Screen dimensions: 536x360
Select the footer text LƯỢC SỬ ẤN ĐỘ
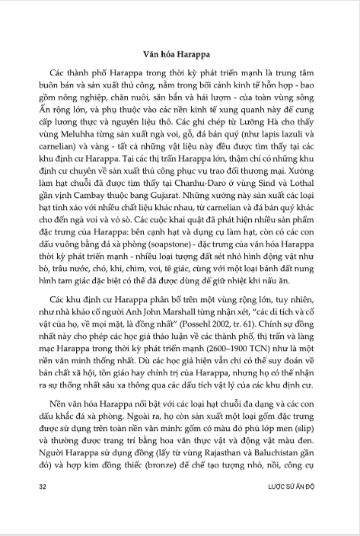pyautogui.click(x=295, y=506)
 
